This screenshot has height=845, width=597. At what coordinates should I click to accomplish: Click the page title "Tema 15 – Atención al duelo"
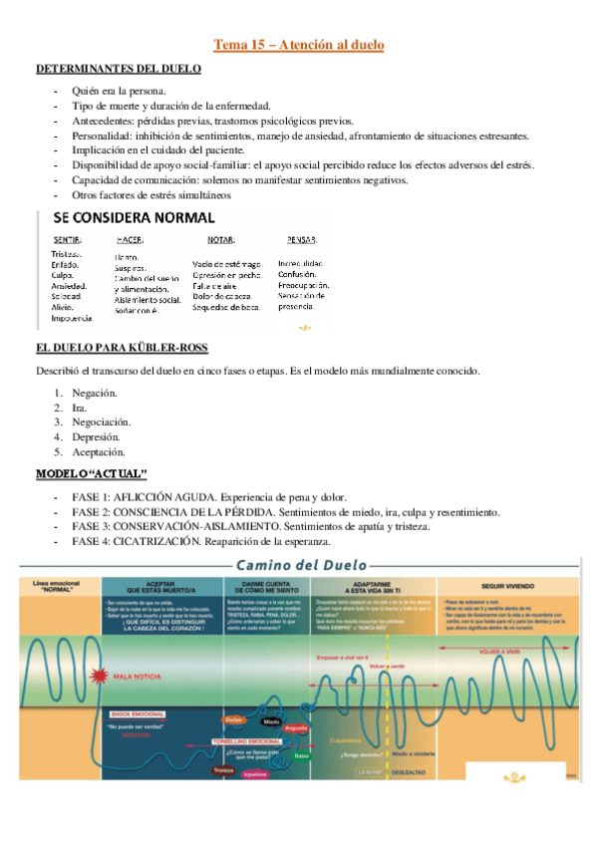298,45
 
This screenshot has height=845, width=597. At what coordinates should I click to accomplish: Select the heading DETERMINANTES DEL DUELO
119,69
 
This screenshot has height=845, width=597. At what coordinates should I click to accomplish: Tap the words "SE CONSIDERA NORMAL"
127,217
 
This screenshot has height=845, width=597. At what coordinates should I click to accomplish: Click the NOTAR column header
220,240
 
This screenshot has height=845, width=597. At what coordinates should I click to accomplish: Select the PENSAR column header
301,240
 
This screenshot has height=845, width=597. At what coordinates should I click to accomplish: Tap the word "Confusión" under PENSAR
297,274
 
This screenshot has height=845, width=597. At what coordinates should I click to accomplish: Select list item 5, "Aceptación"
98,451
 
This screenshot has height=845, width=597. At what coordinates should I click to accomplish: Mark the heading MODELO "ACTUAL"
92,471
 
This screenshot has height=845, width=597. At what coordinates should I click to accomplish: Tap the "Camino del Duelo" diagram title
299,565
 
